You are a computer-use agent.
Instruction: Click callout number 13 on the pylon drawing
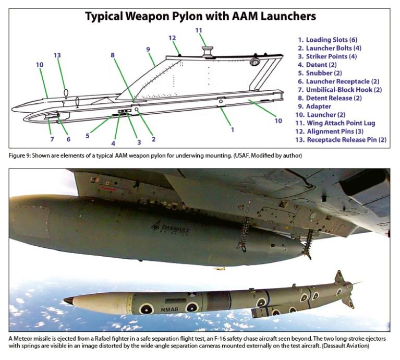click(57, 55)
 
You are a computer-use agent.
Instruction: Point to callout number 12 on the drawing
click(172, 38)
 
